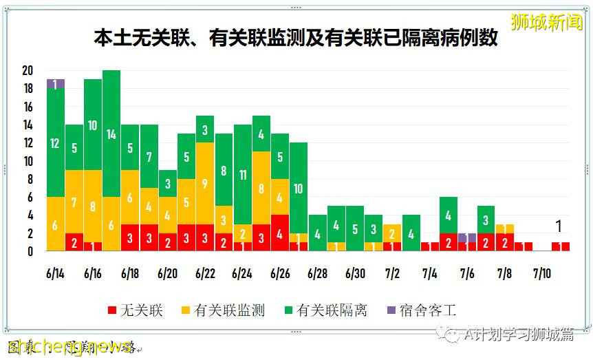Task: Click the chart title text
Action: click(296, 39)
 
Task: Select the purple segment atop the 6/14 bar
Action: click(56, 83)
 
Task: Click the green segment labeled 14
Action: click(111, 134)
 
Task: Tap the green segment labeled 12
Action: click(56, 142)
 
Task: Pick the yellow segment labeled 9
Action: click(205, 183)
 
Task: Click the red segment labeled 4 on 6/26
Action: click(279, 233)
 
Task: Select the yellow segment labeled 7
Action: click(74, 202)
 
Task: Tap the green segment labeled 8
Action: click(224, 170)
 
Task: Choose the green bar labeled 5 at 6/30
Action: click(355, 229)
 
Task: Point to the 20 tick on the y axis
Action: click(28, 70)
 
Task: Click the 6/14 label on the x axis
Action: click(56, 273)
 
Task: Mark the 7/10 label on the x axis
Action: click(542, 273)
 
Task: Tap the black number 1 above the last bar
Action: click(559, 226)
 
